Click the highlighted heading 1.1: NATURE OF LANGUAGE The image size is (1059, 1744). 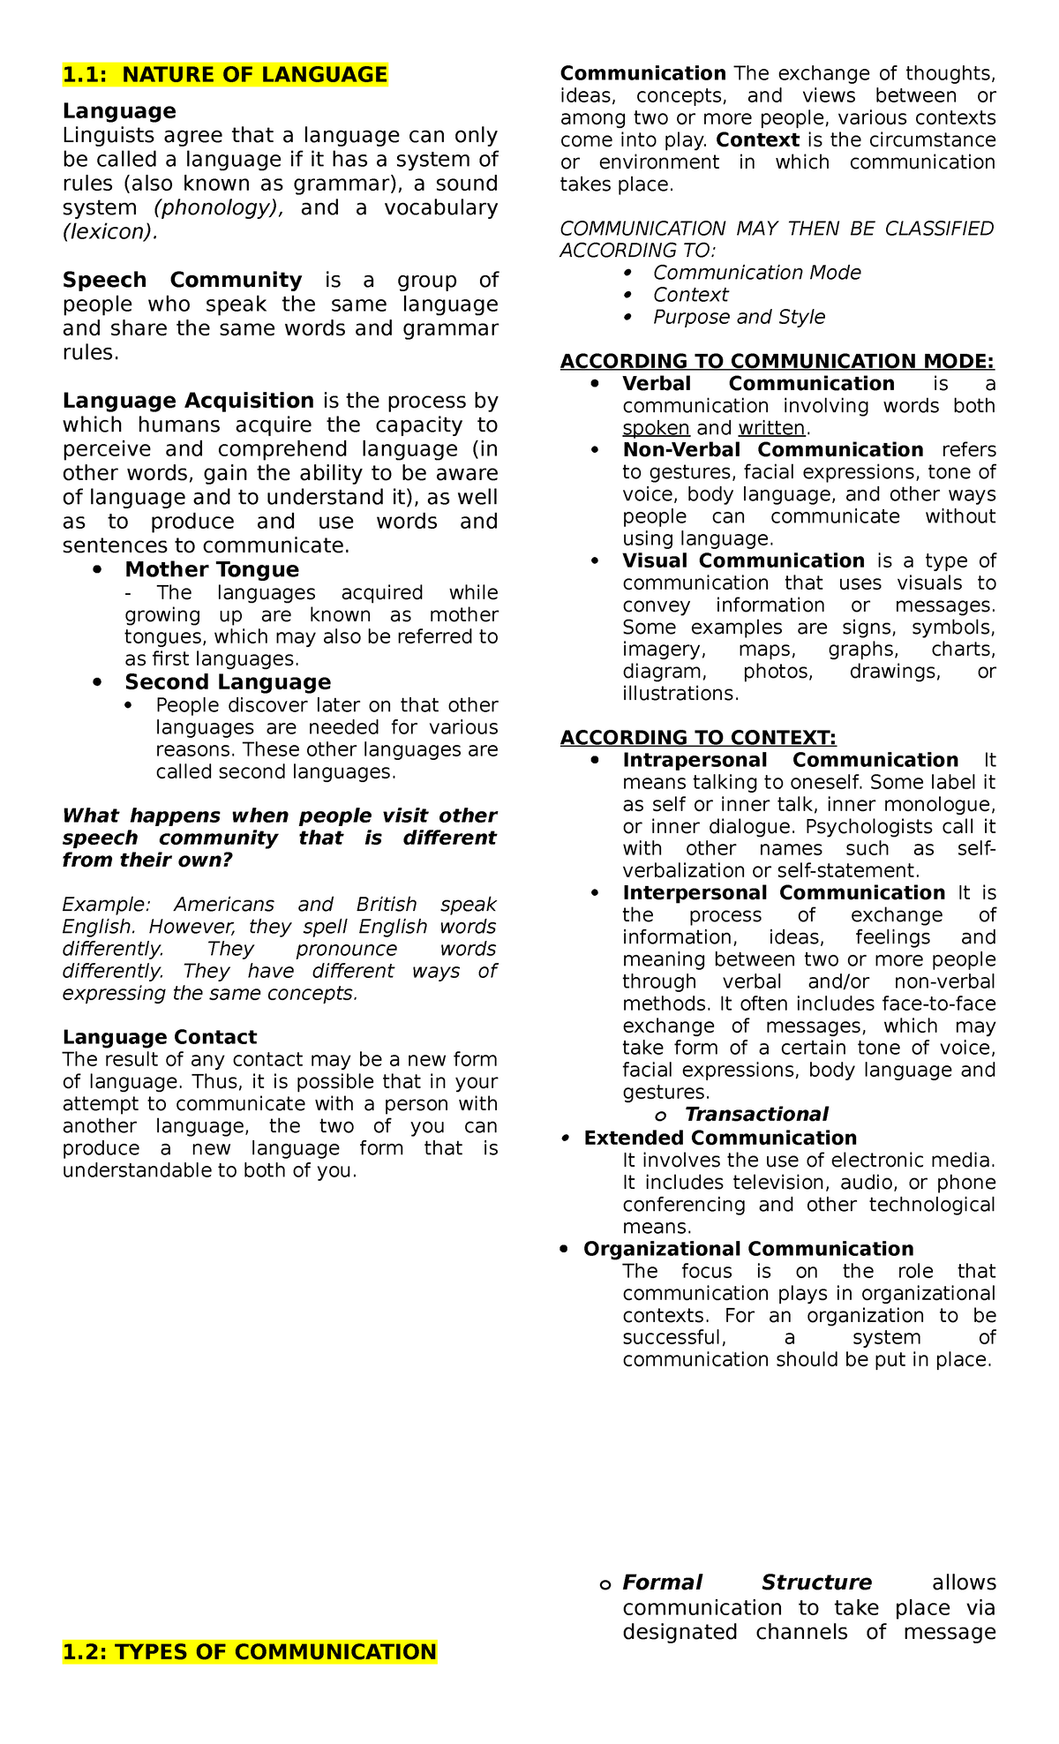225,75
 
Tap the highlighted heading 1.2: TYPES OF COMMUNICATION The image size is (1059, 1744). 250,1651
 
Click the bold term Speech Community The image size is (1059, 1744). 182,280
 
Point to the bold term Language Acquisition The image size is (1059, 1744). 188,401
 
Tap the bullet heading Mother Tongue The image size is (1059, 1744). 212,569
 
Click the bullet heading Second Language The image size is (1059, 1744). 228,681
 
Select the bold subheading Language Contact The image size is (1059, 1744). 159,1037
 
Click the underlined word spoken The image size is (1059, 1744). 656,428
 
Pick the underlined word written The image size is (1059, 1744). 772,428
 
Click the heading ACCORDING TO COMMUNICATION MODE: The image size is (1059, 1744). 777,362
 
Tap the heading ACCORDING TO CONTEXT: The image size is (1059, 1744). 698,738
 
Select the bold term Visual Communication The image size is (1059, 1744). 743,561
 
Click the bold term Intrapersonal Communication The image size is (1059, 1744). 790,760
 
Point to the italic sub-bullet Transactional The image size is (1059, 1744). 756,1114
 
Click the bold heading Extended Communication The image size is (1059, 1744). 720,1138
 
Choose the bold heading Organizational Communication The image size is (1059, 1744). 748,1249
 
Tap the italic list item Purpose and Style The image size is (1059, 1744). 739,317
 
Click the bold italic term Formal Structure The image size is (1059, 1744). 747,1582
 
